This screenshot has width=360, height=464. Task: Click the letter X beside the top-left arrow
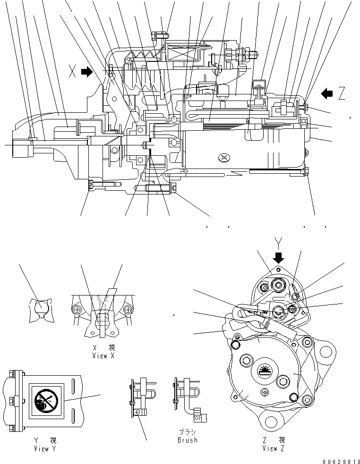pos(72,71)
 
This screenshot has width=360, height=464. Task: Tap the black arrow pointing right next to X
pos(87,71)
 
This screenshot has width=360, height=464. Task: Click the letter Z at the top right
pos(341,94)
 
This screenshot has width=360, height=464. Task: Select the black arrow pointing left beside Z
pos(326,93)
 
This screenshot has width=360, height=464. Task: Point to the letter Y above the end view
pos(279,243)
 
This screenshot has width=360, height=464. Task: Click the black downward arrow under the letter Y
pos(279,257)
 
